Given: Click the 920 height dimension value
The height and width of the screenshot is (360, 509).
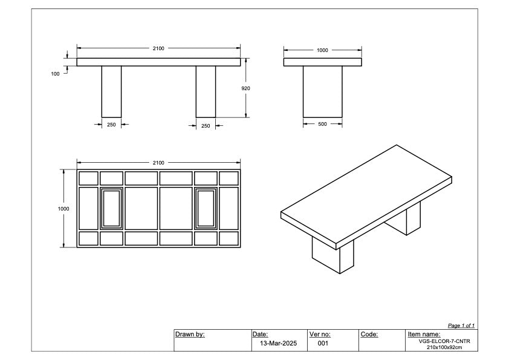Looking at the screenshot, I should tap(245, 88).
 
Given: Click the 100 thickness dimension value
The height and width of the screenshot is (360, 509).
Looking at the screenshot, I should tap(56, 74).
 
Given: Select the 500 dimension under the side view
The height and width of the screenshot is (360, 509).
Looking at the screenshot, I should tap(322, 124).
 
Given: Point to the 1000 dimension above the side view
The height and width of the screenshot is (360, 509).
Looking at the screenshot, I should tap(322, 50).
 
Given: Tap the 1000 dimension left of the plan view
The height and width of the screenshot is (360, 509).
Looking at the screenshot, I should tap(63, 209).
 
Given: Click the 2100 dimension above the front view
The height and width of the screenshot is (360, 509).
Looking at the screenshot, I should tap(158, 48).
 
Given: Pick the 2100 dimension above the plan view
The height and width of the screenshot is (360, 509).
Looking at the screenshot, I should tap(158, 163).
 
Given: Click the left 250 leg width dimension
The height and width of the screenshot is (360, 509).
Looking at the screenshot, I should tap(111, 125).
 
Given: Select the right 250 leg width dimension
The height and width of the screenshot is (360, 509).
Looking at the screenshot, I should tap(206, 126).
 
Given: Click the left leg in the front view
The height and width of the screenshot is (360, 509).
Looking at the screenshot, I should tap(111, 91).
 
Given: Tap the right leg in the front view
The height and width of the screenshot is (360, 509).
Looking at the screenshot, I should tap(206, 91).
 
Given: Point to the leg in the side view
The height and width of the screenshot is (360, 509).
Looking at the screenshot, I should tap(322, 91).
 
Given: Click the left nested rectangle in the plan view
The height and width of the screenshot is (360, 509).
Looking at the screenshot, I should tap(111, 208).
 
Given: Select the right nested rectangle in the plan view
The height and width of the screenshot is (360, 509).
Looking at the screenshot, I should tap(206, 208).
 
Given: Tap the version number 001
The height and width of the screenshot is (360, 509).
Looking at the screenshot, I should tap(323, 343).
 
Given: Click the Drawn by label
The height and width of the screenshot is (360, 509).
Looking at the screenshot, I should tap(190, 334).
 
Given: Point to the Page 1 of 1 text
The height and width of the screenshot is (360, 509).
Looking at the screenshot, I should tap(461, 326).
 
